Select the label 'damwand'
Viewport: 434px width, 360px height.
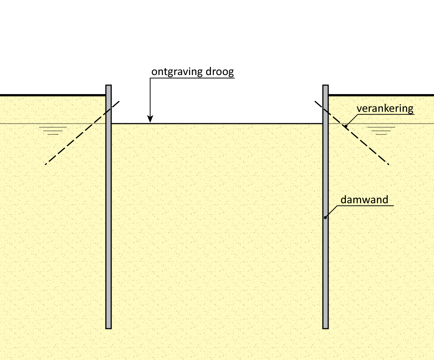365,200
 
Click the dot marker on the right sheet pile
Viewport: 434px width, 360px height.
325,217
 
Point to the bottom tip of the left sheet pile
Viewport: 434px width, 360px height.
109,328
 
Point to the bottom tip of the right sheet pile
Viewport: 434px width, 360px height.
325,328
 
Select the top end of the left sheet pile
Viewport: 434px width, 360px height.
109,86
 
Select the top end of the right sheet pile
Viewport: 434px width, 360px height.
325,86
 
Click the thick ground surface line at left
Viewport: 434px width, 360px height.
52,95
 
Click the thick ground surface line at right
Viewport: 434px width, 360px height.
381,95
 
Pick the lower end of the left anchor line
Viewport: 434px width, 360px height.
46,164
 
